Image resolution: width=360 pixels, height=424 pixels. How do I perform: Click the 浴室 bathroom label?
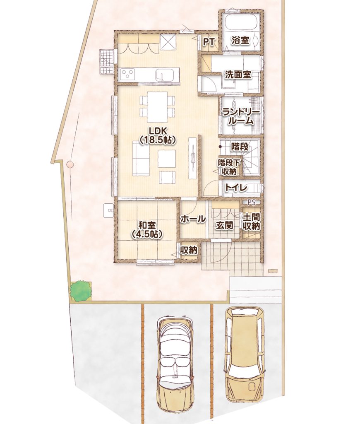click(240, 41)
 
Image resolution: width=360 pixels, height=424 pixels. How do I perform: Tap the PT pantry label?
click(209, 42)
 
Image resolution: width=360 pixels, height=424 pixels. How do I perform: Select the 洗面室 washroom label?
click(238, 75)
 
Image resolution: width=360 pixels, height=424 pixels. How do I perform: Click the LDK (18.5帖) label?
click(158, 135)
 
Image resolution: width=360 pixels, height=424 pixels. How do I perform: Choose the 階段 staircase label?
click(240, 147)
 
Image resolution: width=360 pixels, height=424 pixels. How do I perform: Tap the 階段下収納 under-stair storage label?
click(229, 167)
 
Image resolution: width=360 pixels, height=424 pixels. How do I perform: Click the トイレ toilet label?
click(236, 188)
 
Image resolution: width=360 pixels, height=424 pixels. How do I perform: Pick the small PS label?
click(251, 202)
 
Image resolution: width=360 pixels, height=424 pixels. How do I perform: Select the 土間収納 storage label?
click(251, 222)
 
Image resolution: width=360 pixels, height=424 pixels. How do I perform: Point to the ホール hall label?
click(193, 219)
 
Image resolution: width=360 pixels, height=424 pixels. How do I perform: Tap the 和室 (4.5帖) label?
click(147, 229)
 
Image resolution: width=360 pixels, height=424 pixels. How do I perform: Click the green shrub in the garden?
click(80, 291)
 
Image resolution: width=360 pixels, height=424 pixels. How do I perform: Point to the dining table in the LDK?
click(157, 107)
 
